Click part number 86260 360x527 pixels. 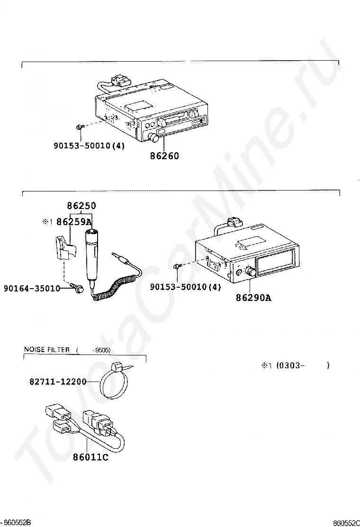[165, 155]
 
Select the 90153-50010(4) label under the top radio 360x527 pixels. [89, 145]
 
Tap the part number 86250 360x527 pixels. [81, 206]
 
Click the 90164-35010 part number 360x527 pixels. [32, 288]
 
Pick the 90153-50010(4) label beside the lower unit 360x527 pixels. [186, 287]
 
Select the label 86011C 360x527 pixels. [90, 457]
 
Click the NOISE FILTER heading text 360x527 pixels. [46, 350]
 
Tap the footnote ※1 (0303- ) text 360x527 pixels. [295, 365]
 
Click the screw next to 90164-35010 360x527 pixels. [78, 288]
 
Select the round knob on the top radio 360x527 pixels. [154, 138]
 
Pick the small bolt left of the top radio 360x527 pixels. [80, 127]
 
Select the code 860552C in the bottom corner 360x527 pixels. [346, 523]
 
